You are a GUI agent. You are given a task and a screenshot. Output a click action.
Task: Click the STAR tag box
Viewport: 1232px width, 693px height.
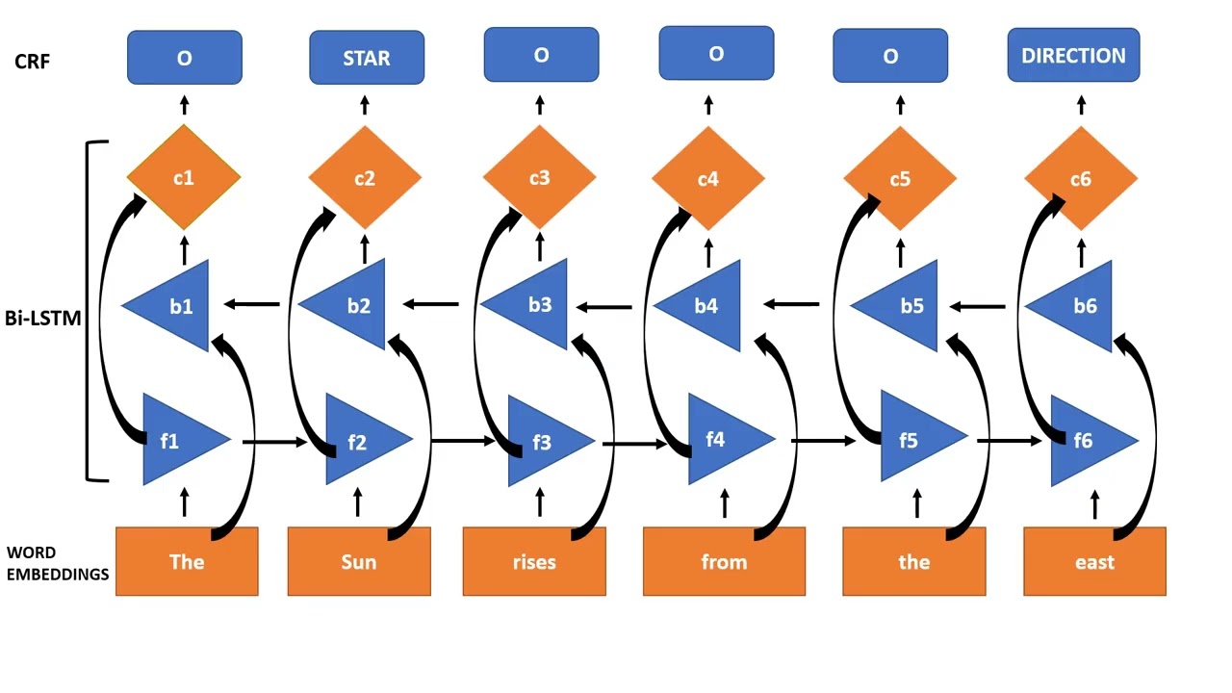coord(366,58)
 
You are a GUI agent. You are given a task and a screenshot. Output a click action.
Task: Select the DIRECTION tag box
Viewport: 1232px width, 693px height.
coord(1073,56)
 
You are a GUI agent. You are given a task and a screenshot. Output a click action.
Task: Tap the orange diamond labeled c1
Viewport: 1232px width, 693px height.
coord(183,178)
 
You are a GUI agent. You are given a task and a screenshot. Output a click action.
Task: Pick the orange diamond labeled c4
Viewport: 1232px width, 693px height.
coord(707,179)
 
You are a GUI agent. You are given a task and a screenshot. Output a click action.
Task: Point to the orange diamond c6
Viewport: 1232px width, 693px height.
coord(1080,179)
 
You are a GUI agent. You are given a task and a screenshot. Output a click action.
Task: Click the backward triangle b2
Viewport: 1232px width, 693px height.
coord(352,306)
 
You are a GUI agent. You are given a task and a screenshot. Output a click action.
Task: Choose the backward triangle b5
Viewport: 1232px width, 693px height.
coord(905,306)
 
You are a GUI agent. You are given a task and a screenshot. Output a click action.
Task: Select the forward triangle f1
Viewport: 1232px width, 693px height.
coord(177,441)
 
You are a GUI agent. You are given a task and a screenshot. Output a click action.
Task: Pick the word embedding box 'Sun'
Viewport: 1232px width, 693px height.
coord(359,561)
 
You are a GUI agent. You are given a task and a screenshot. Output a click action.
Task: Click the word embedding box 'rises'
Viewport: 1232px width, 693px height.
coord(534,561)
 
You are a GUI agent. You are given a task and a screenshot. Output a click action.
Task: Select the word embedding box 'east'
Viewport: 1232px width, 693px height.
coord(1094,561)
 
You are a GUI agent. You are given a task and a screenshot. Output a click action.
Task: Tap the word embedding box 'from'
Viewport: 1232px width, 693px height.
coord(724,561)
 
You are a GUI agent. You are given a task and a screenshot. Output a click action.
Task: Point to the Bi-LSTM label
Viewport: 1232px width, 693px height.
coord(42,318)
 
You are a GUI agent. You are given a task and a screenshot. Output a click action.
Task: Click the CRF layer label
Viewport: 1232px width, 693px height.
coord(32,62)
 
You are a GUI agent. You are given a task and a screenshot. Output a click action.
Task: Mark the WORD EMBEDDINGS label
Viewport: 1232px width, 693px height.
coord(57,564)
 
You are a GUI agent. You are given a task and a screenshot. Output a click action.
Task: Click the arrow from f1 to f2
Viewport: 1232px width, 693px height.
coord(274,442)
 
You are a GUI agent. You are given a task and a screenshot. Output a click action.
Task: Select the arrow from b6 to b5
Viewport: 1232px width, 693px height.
coord(979,307)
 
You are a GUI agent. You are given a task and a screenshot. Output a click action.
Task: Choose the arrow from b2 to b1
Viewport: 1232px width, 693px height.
coord(252,305)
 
